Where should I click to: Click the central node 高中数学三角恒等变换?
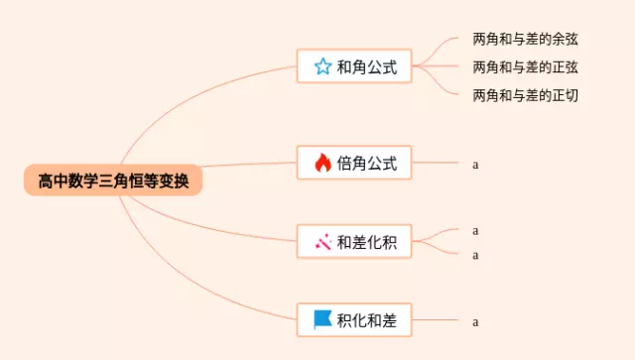(x=112, y=181)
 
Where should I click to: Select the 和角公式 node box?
(x=354, y=67)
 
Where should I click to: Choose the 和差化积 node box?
(x=354, y=242)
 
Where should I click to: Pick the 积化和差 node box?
(x=354, y=319)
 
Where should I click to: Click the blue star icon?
(x=322, y=67)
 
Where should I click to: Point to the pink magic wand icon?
(x=322, y=242)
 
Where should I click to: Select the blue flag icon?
(x=322, y=319)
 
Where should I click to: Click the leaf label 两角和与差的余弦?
(x=525, y=40)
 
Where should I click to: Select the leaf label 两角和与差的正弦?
(x=525, y=67)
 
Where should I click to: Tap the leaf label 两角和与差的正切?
(x=525, y=95)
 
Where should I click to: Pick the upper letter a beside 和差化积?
(x=476, y=230)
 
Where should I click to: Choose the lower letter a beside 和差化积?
(x=476, y=255)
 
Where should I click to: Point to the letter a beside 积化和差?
(x=476, y=321)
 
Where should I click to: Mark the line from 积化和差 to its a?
(x=437, y=319)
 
